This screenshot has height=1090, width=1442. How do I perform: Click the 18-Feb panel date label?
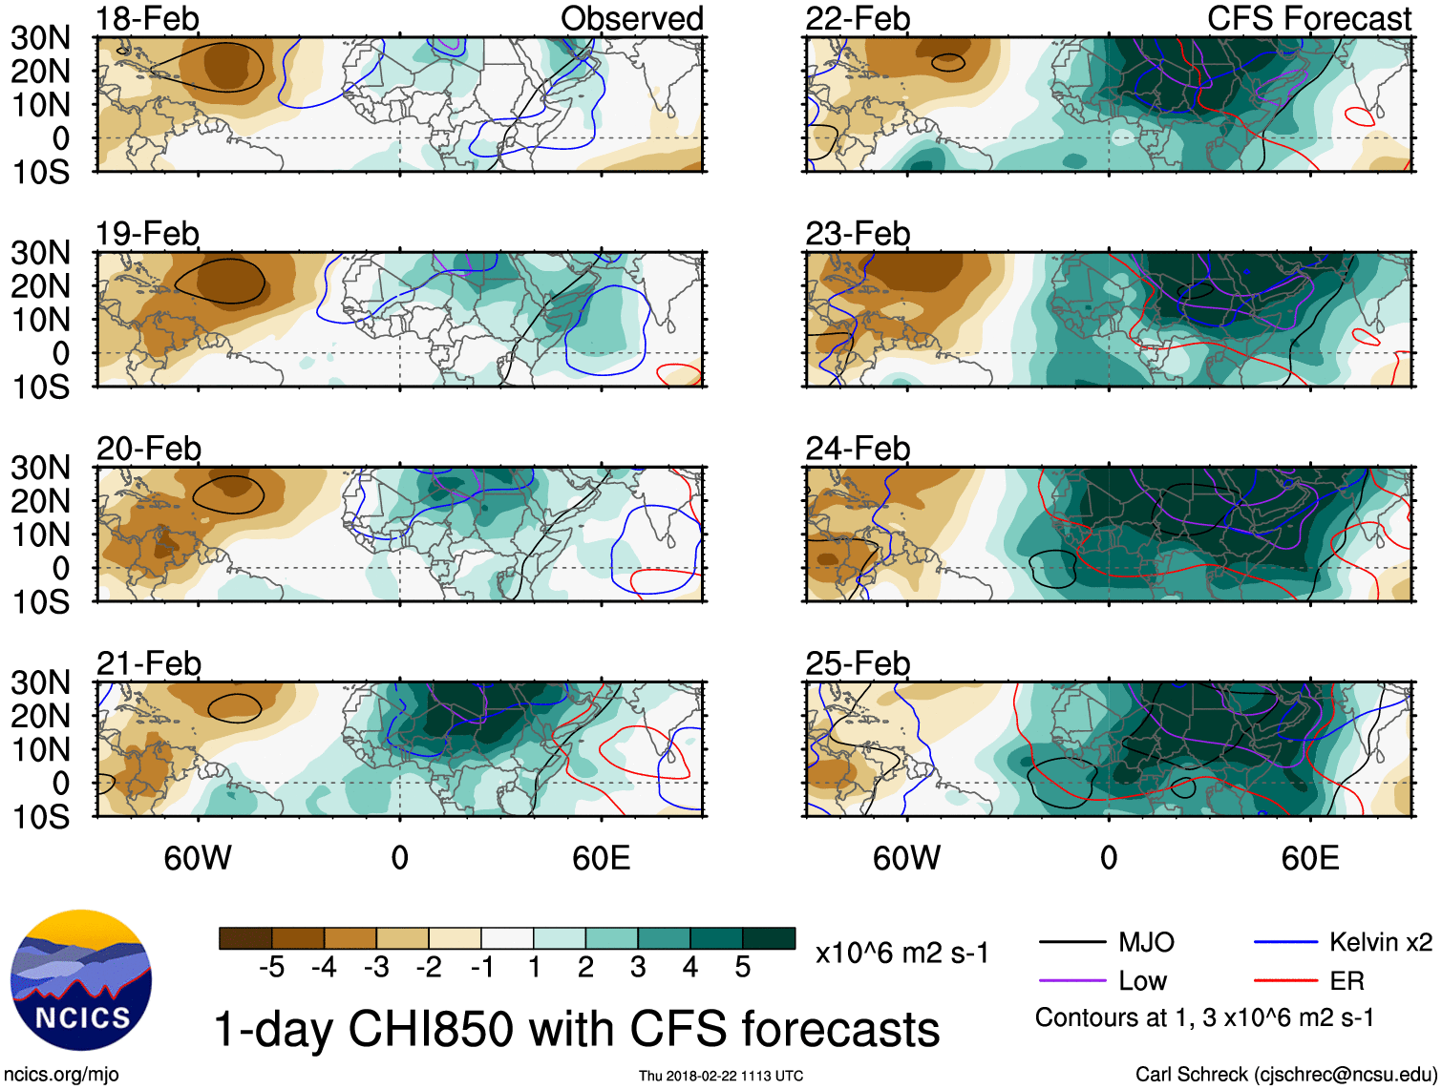tap(148, 19)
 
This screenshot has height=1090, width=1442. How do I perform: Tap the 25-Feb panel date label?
tap(858, 663)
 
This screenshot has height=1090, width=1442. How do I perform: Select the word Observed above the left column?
tap(631, 19)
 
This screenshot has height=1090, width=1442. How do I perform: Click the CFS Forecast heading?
tap(1308, 19)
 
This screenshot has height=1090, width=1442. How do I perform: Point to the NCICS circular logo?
tap(81, 980)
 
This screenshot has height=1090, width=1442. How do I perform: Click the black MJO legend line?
tap(1071, 943)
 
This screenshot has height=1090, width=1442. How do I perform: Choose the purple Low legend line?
tap(1071, 981)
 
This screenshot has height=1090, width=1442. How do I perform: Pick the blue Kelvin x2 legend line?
tap(1285, 943)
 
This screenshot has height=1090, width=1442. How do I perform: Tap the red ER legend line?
tap(1285, 981)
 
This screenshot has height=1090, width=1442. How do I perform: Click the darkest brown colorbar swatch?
tap(245, 938)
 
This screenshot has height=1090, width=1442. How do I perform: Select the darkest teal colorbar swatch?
tap(769, 938)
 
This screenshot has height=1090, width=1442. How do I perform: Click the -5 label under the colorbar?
tap(271, 968)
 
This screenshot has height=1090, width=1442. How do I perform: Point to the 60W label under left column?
tap(198, 858)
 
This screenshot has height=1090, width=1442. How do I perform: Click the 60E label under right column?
tap(1309, 858)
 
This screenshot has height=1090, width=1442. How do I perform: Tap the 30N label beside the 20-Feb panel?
tap(40, 468)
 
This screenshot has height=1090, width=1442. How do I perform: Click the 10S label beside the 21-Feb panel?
tap(40, 817)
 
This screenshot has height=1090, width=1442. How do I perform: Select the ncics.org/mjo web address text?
tap(61, 1075)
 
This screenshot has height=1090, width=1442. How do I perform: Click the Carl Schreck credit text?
tap(1285, 1075)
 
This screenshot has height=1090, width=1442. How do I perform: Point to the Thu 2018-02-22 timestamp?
tap(721, 1076)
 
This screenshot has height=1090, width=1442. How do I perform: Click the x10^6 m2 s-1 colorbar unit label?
tap(901, 954)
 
